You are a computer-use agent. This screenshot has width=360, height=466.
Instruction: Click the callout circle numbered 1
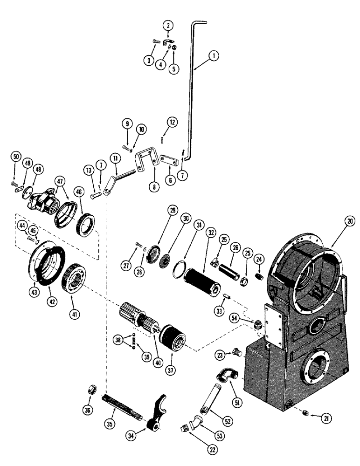(x=215, y=56)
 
